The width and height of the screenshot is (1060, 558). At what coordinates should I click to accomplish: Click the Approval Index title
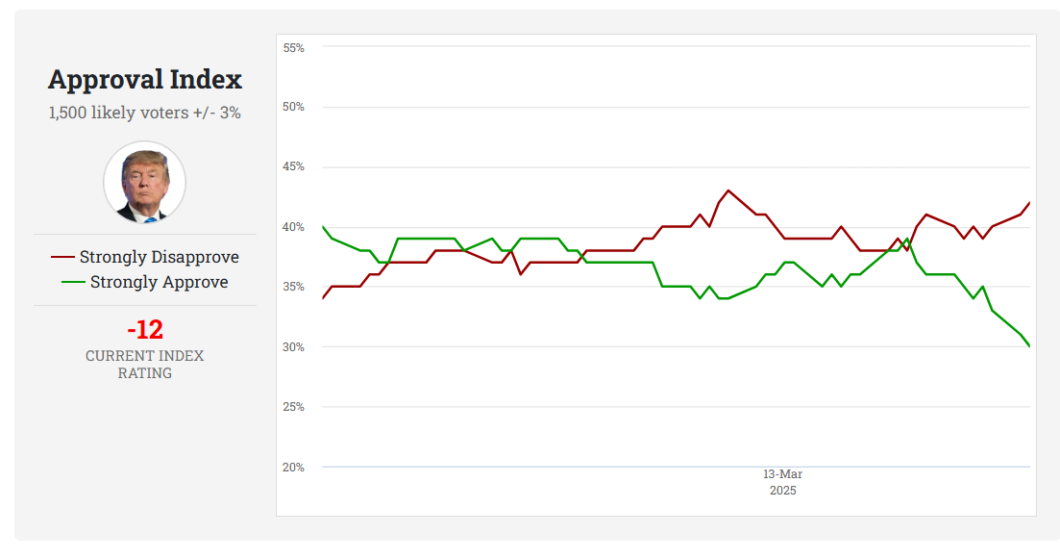145,79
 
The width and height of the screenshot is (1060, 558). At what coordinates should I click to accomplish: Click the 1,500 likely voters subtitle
145,113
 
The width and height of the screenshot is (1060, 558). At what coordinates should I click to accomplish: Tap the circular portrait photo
144,182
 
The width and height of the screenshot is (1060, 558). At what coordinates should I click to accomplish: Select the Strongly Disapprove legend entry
145,257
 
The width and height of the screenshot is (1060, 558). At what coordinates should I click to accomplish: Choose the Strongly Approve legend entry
145,282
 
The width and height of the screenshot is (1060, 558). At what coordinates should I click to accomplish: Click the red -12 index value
145,330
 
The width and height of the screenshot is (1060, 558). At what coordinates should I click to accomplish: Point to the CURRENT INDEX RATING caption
145,364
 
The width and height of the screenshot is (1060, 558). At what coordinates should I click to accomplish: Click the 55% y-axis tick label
293,47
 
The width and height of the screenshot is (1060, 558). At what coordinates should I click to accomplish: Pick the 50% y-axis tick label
293,107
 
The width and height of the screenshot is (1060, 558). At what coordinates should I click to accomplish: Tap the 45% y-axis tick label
293,167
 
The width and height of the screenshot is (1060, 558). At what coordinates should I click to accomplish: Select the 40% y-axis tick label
293,227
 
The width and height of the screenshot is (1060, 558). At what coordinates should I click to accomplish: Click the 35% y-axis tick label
293,287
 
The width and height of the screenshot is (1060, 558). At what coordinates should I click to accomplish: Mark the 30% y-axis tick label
293,347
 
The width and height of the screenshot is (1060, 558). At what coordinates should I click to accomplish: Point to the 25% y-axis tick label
293,407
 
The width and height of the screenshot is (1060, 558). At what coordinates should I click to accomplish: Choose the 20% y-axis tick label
293,468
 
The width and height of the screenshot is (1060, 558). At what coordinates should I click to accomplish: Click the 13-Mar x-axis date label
782,474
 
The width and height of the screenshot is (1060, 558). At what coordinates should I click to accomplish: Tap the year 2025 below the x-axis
782,491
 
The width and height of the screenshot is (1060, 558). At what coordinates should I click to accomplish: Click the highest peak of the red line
727,190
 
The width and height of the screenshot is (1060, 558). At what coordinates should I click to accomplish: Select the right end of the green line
1029,346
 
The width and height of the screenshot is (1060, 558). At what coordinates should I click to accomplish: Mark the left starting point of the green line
323,227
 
